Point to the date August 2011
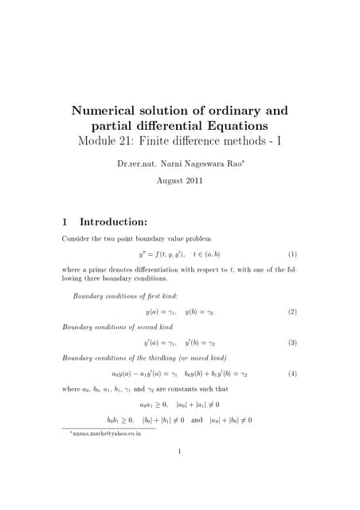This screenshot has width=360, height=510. click(x=180, y=180)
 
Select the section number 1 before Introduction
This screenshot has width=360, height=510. click(x=65, y=221)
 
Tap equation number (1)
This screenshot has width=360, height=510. click(x=292, y=254)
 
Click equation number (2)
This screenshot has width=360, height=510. click(x=292, y=312)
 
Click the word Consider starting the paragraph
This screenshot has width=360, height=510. click(x=76, y=238)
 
